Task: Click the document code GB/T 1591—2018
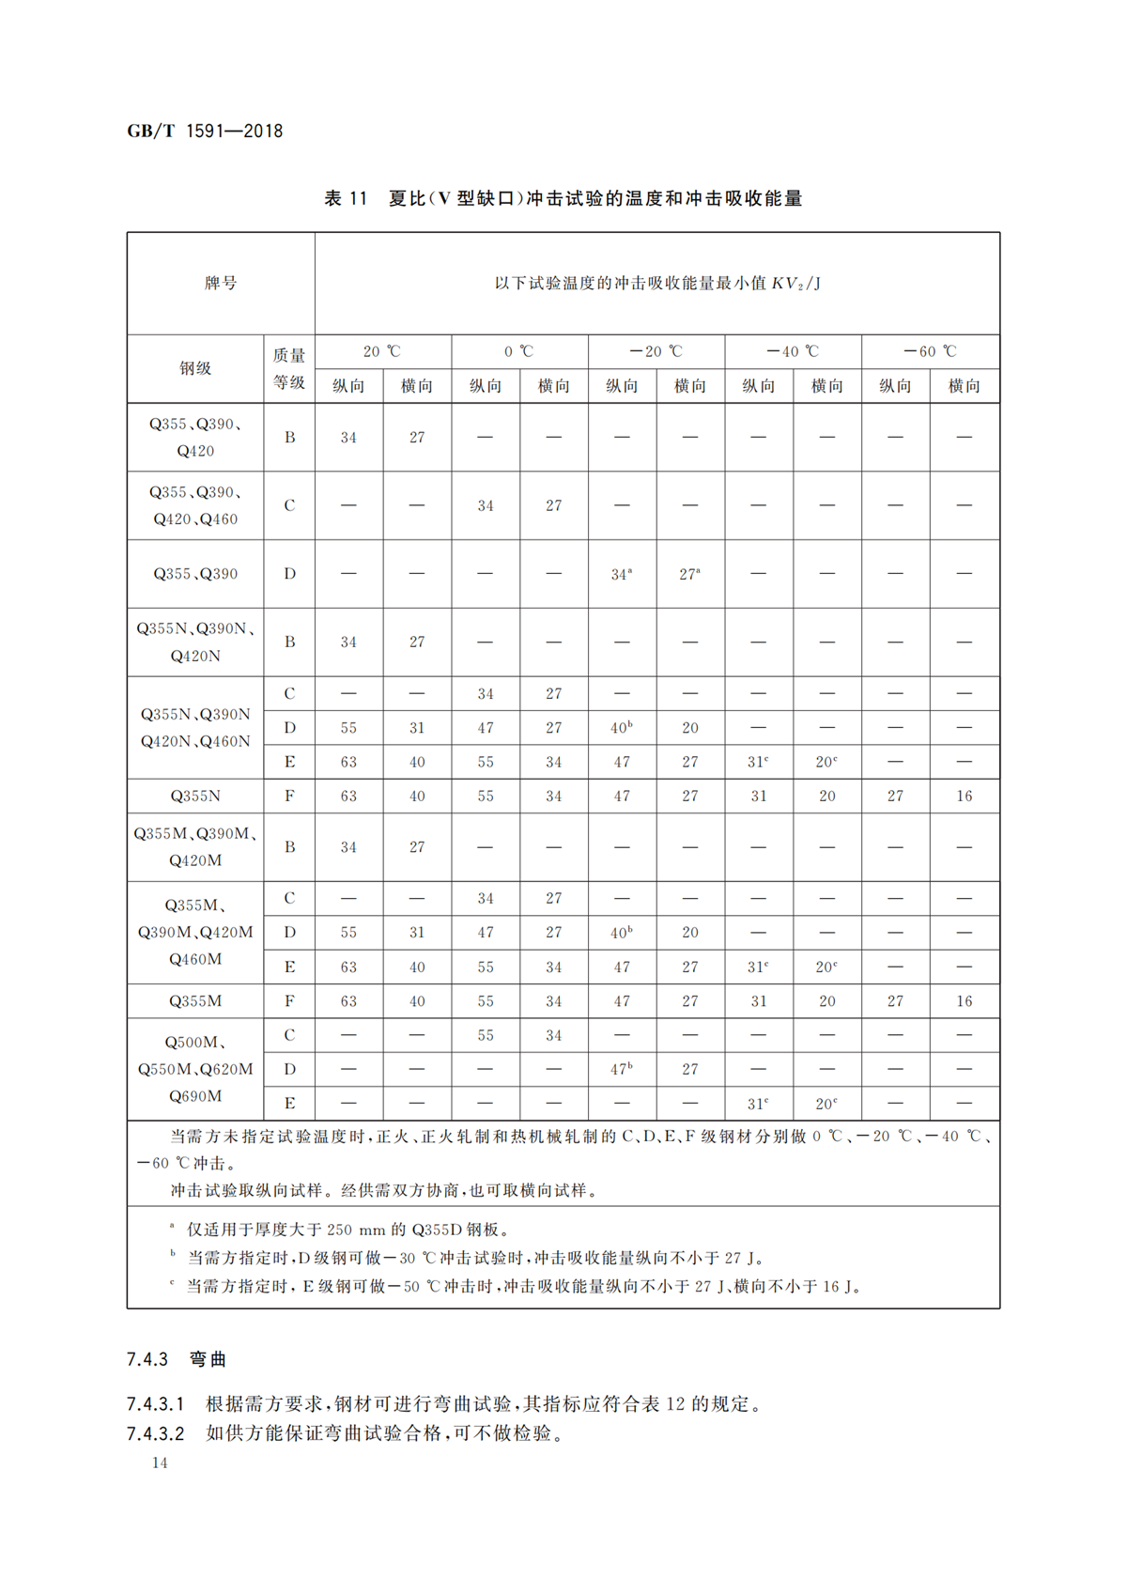(205, 132)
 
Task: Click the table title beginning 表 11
(563, 198)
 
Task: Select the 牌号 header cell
(221, 283)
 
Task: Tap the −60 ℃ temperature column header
(930, 351)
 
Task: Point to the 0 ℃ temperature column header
(518, 351)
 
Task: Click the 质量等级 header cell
(289, 368)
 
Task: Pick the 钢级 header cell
(195, 368)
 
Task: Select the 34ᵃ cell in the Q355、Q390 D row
(621, 574)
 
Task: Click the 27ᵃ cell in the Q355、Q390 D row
(689, 574)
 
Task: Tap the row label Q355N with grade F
(195, 796)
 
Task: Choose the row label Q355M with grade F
(195, 1001)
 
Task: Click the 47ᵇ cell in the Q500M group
(621, 1069)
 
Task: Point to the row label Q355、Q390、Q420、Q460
(195, 505)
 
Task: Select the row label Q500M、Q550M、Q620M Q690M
(195, 1069)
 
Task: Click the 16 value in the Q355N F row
(964, 796)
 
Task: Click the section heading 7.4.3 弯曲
(177, 1359)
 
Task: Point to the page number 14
(160, 1462)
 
